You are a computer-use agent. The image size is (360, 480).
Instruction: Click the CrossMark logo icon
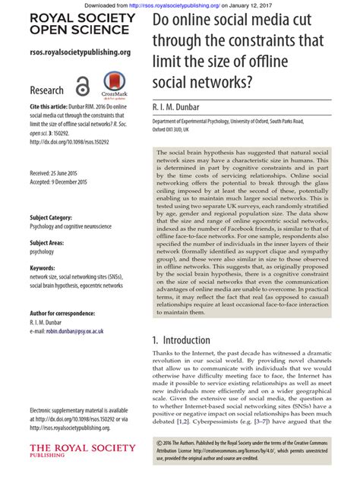(x=114, y=84)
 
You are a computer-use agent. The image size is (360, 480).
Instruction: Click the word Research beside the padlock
(x=46, y=89)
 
